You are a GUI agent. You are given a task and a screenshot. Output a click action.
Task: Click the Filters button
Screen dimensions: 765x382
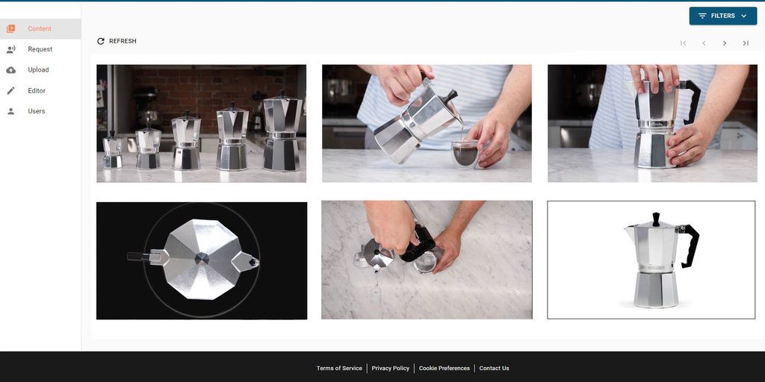point(722,16)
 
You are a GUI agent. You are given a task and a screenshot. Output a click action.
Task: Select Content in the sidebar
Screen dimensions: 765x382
point(40,29)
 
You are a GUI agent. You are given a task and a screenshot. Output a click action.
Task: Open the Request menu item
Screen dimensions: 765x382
point(40,49)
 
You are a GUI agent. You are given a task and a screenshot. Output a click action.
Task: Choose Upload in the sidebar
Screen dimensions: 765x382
point(38,69)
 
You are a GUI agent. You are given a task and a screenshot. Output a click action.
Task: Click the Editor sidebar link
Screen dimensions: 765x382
point(37,90)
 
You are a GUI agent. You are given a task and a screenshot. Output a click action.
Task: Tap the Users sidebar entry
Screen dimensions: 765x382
point(36,111)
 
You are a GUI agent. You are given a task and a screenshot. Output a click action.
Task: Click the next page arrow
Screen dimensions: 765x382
point(725,43)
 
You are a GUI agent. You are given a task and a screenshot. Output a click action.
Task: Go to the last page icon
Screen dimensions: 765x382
point(746,43)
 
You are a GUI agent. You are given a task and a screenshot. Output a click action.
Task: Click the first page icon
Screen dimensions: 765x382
point(683,43)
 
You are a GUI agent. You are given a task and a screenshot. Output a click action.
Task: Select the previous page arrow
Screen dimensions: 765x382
point(704,43)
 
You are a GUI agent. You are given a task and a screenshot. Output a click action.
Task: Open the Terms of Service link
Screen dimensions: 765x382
point(339,369)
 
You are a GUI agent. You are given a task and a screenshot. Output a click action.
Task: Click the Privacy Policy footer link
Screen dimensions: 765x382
point(390,369)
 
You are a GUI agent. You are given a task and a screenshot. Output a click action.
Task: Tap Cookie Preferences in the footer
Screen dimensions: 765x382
point(444,369)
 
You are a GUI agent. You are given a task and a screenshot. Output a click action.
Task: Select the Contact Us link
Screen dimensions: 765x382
point(494,369)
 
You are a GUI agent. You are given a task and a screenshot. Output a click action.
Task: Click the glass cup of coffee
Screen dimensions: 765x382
point(465,154)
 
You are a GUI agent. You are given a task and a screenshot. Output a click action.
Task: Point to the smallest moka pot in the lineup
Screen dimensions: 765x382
point(113,150)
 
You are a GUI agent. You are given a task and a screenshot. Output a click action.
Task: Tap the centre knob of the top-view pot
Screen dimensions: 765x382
point(202,259)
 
